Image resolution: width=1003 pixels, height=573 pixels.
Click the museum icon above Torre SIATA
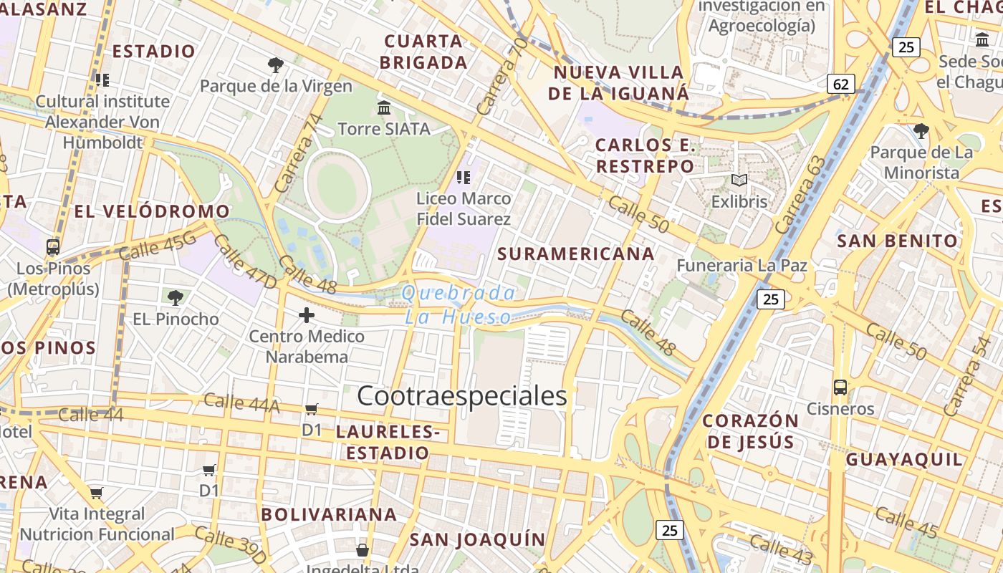(x=384, y=108)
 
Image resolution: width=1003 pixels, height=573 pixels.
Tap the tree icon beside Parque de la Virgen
(x=275, y=66)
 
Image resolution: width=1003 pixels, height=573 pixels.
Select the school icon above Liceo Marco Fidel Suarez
(x=464, y=177)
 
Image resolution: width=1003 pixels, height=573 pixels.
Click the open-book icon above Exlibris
(x=739, y=180)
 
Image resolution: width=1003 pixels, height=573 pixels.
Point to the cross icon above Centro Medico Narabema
(x=307, y=315)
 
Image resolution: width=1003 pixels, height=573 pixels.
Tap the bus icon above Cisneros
(x=840, y=388)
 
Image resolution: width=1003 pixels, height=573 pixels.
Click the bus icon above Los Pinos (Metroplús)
(x=53, y=247)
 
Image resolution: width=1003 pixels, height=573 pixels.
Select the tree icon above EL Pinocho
(x=176, y=297)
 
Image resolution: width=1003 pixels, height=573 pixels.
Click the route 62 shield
(x=841, y=85)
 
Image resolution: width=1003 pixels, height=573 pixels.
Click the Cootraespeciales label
(x=462, y=396)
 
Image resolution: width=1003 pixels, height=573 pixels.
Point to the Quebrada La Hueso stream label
(x=459, y=304)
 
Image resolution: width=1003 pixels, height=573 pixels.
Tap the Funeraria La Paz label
(x=742, y=266)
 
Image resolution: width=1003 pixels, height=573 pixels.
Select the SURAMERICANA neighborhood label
(x=576, y=254)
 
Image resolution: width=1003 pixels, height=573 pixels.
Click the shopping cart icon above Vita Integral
(x=96, y=493)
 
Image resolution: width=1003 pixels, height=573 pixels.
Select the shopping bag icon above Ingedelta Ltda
(x=363, y=550)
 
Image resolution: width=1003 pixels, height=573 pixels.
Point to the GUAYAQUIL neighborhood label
(x=905, y=459)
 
